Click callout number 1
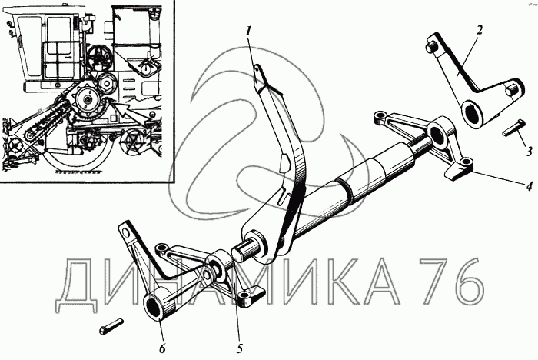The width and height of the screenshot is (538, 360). point(248,32)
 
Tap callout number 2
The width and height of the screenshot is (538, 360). point(480,30)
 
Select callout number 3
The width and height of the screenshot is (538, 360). point(530,151)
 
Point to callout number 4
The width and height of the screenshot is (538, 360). point(530,186)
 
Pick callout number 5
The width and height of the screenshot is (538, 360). point(240,348)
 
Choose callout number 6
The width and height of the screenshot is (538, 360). point(162,348)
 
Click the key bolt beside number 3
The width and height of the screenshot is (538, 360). point(511,128)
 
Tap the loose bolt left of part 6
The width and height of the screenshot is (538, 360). point(111,326)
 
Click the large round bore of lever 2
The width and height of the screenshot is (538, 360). point(470,114)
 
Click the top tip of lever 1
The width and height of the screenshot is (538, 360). point(257,66)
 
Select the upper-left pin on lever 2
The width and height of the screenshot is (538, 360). point(431,47)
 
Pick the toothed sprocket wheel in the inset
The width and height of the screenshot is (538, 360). point(88,99)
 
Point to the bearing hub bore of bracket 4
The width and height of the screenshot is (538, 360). point(436,132)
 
